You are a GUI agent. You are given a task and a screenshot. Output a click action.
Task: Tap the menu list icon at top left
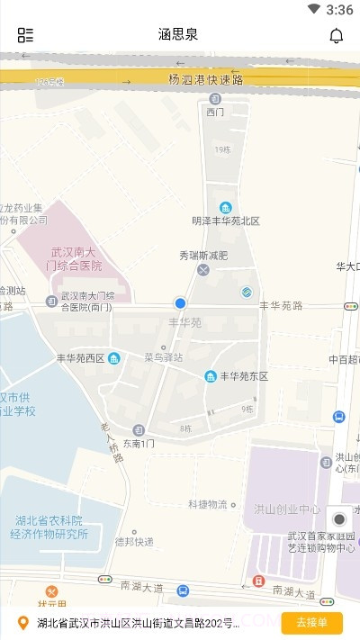tap(25, 35)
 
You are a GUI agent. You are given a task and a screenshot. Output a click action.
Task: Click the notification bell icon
tap(336, 35)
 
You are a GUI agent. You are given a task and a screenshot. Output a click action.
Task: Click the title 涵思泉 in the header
tap(178, 35)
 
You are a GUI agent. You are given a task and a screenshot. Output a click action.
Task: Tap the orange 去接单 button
tap(311, 622)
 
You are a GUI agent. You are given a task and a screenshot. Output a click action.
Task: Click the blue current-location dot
tap(180, 304)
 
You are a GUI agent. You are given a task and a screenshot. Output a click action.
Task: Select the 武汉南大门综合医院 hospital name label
tap(76, 259)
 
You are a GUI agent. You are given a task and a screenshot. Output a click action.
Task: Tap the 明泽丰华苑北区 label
tap(225, 221)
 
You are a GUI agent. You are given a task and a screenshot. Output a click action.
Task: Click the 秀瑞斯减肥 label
tap(203, 255)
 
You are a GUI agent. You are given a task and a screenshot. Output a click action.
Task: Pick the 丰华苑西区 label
tap(81, 358)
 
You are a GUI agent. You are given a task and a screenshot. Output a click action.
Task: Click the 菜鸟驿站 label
tap(163, 357)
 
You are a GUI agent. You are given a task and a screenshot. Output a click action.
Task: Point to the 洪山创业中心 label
tap(287, 509)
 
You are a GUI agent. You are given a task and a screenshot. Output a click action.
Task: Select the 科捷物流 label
tap(208, 504)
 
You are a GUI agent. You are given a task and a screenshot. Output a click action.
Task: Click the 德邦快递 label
tap(134, 541)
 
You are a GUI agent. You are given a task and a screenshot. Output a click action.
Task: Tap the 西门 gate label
tap(214, 113)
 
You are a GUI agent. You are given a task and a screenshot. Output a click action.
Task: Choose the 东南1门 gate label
tap(139, 443)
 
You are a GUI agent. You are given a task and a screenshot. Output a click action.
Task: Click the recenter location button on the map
tap(338, 519)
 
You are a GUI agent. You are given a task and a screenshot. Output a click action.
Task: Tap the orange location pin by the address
tap(23, 622)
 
